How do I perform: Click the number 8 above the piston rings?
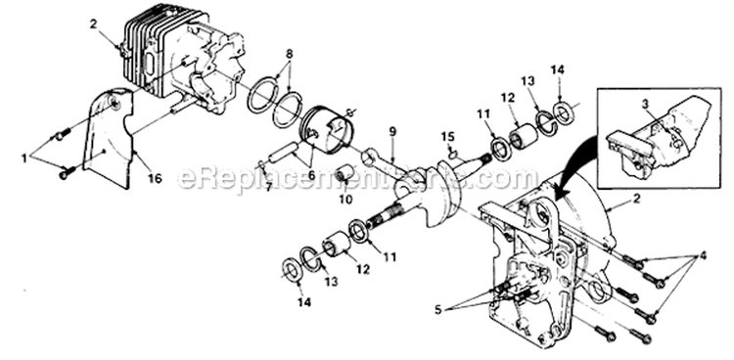289,55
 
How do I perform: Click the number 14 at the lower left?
300,302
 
